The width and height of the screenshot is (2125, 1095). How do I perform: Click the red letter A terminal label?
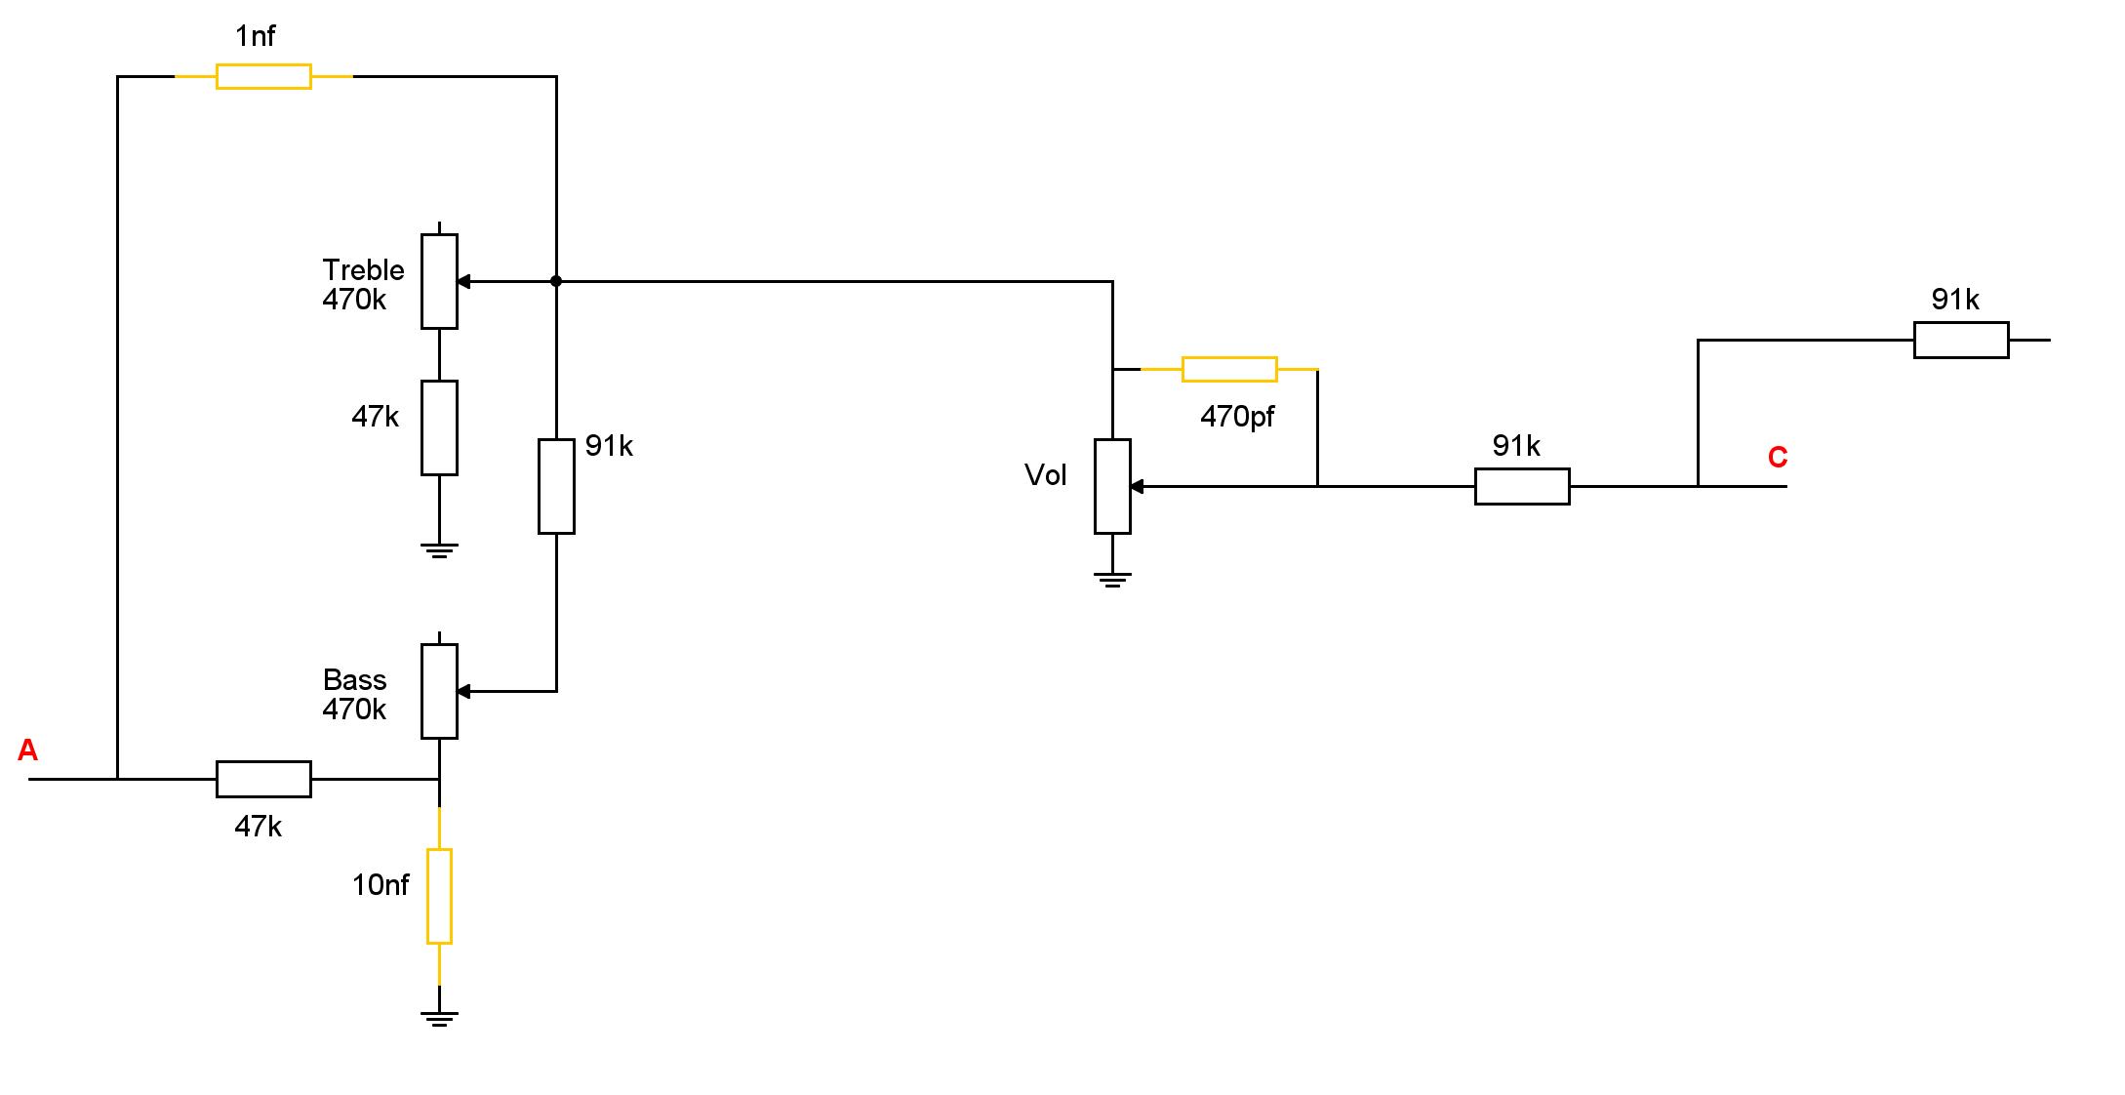[27, 750]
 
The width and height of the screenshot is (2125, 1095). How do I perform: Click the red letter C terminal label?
[1778, 457]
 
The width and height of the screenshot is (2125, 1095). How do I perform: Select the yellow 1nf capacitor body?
[263, 76]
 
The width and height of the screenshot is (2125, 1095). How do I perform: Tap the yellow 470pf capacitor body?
[1229, 369]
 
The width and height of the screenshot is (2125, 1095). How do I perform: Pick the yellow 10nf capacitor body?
[439, 896]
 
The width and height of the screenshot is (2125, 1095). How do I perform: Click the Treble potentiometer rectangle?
[439, 281]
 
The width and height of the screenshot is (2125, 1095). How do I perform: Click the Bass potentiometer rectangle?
[439, 691]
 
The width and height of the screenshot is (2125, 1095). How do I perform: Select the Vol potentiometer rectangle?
[1112, 486]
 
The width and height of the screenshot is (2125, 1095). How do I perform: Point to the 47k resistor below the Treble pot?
[439, 427]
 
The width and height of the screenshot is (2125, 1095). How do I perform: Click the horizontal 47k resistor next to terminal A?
[263, 779]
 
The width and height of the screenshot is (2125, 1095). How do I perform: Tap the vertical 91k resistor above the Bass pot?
[556, 486]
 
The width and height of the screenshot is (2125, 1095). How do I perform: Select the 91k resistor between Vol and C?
[1522, 486]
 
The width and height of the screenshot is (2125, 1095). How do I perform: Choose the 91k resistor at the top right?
[1961, 340]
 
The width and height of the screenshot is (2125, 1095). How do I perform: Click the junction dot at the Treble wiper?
[556, 281]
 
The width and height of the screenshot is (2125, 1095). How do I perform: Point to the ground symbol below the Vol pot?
[1112, 579]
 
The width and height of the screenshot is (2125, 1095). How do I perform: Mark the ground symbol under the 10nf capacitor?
[439, 1019]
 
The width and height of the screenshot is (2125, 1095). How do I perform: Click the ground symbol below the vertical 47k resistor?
[439, 549]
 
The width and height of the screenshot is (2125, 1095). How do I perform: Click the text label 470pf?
[1237, 417]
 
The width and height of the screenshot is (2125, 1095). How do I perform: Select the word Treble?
[363, 269]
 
